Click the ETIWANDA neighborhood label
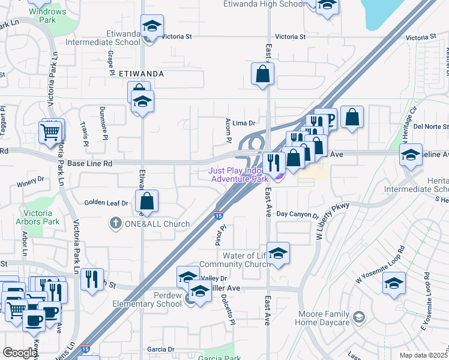coord(142,73)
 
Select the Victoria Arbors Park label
coord(41,217)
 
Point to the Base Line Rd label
coord(90,163)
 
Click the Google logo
coord(19,353)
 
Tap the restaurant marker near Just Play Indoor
coord(274,162)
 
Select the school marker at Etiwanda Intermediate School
coord(152,28)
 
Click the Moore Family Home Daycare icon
coord(358,317)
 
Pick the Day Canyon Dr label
coord(297,214)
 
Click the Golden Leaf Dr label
coord(106,203)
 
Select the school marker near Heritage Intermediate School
coord(411,155)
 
